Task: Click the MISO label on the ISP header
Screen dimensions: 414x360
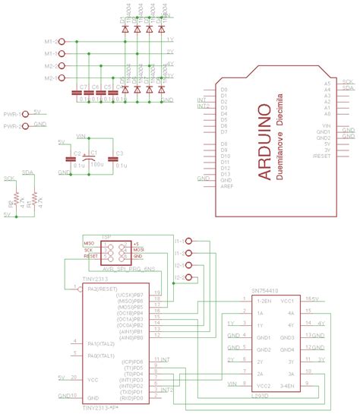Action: tap(89, 242)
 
